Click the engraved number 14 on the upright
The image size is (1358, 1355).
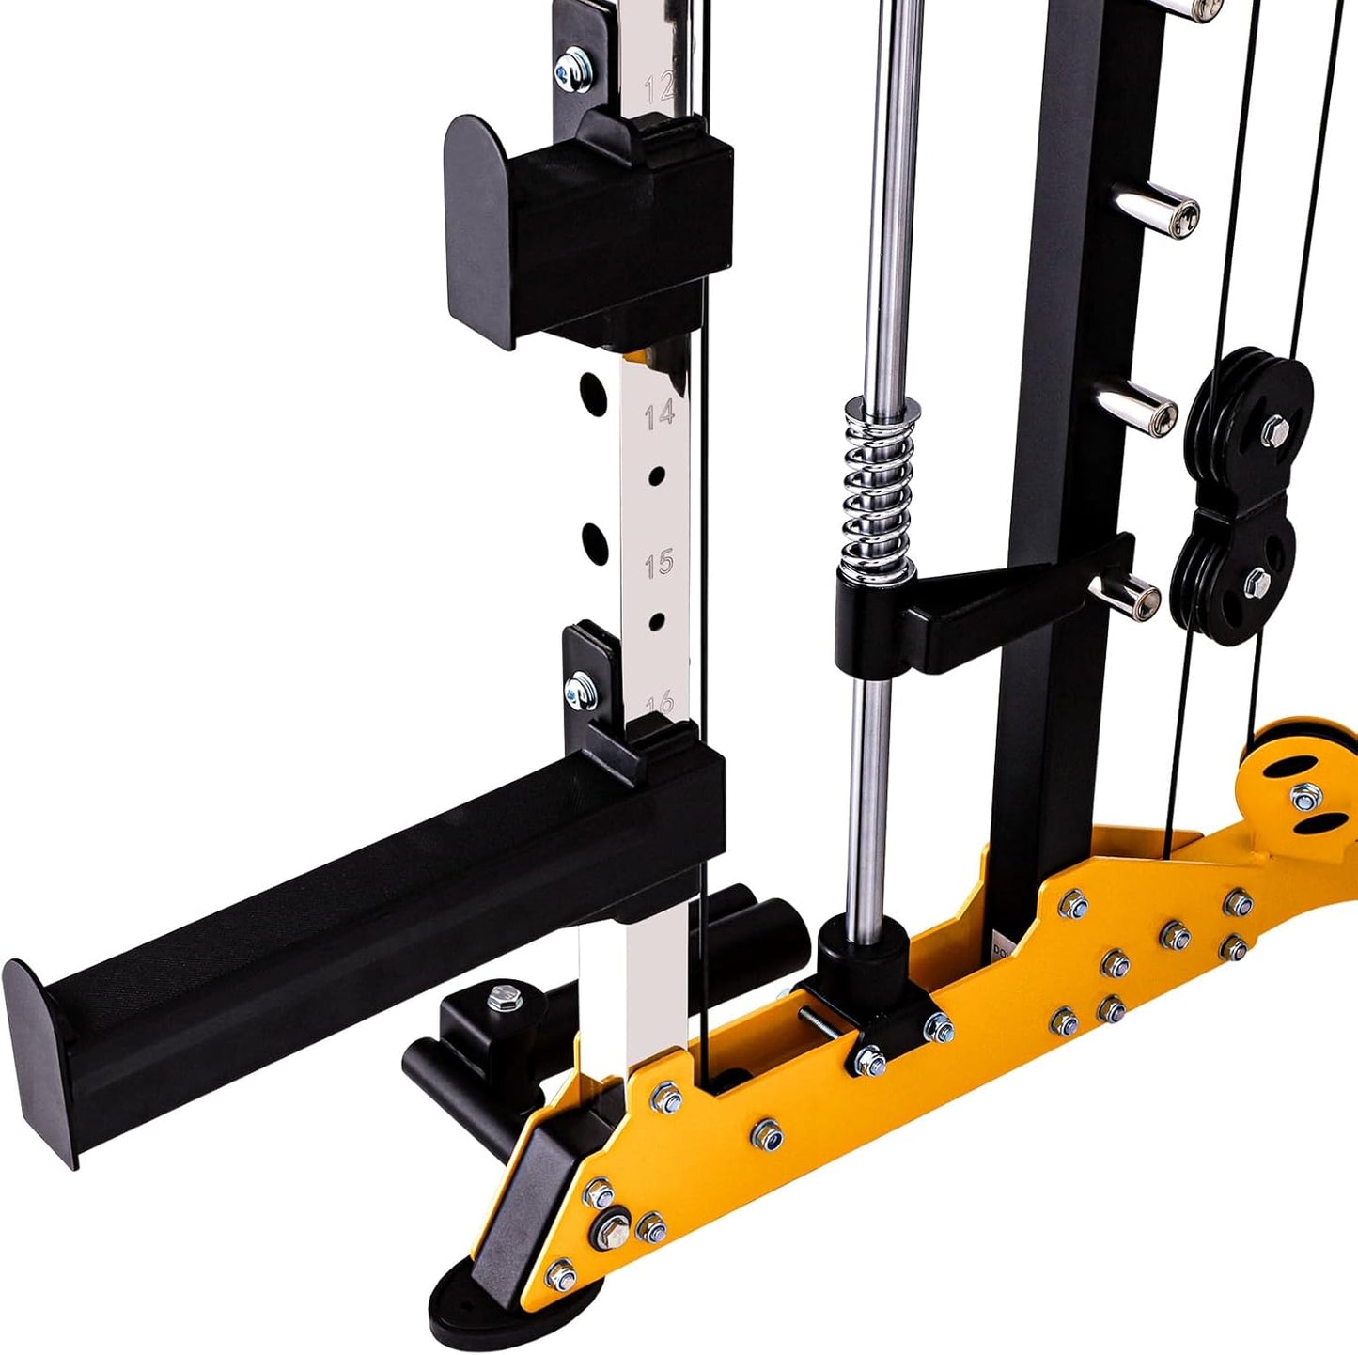[660, 413]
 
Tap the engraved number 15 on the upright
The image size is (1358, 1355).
[660, 564]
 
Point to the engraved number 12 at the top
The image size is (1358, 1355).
[660, 87]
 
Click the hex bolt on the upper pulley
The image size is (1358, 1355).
[1275, 429]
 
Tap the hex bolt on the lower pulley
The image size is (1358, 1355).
[1257, 583]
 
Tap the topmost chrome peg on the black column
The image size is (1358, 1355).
[1207, 9]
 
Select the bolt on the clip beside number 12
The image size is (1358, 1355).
[570, 70]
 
